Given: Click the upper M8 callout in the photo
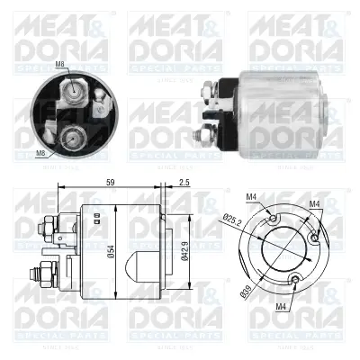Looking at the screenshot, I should (60, 64).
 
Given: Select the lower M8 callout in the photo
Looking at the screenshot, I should (40, 154).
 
